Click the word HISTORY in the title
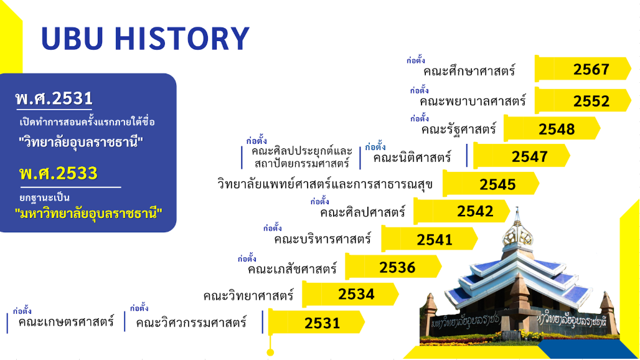pos(182,39)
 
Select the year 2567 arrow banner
pos(583,69)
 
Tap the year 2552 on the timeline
pos(591,101)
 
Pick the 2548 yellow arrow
pos(552,128)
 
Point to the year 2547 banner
pos(521,156)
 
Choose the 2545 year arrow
pos(491,184)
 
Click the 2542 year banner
pos(461,211)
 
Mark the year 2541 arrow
pos(430,239)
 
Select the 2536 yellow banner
pos(393,267)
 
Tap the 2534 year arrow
pos(351,293)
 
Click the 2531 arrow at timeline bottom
pos(316,323)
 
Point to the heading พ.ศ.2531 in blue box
pos(54,98)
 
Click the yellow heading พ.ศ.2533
pos(59,173)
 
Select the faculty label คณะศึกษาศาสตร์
pos(469,71)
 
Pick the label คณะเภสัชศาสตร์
pos(292,269)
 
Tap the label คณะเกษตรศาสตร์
pos(66,321)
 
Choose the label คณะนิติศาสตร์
pos(412,157)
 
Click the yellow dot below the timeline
pos(270,353)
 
